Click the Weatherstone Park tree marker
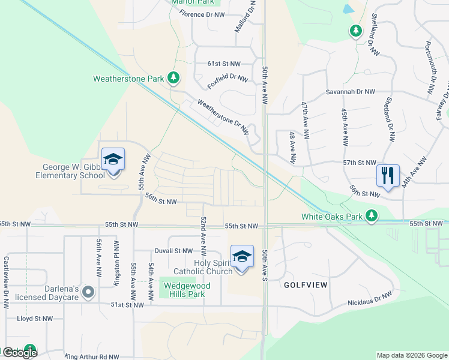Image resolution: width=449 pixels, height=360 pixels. point(173,78)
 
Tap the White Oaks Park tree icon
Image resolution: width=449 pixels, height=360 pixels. point(372,215)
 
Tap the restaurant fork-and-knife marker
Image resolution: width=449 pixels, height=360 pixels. point(388,176)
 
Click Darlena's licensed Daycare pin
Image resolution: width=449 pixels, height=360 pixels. point(89,292)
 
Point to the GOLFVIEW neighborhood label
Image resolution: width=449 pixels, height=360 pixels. point(306,285)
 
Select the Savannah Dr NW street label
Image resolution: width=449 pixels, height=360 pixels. point(351,92)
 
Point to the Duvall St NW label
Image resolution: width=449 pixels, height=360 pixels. point(173,251)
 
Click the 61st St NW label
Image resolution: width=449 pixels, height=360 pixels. point(224,62)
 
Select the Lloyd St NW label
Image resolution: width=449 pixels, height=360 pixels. point(35,319)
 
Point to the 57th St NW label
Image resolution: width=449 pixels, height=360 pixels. point(359,163)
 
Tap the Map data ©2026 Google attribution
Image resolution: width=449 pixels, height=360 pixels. point(412,355)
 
